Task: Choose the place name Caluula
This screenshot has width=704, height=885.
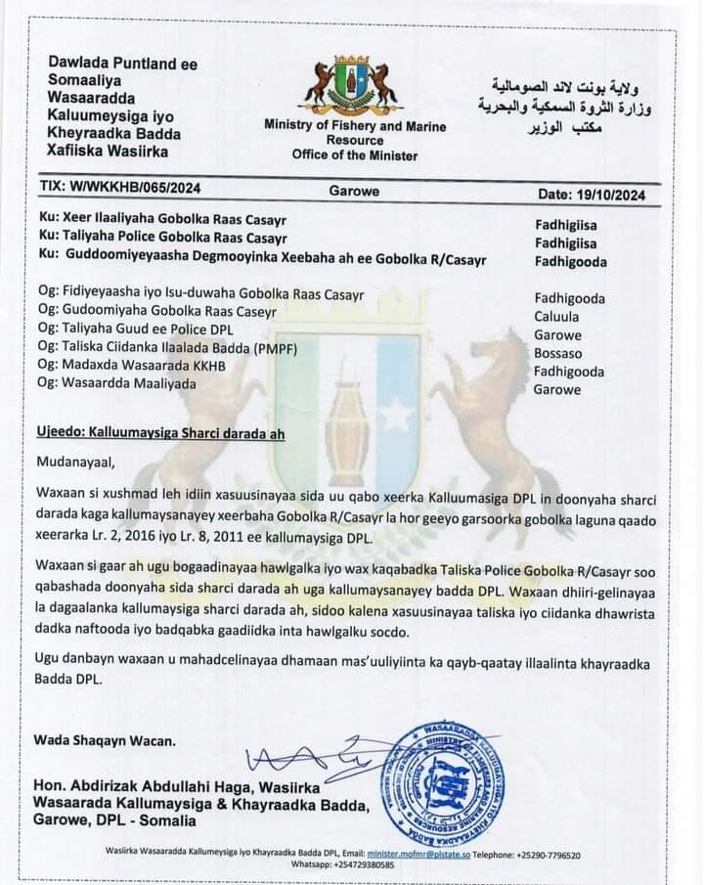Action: [x=557, y=317]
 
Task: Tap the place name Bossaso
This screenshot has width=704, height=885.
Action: [x=558, y=353]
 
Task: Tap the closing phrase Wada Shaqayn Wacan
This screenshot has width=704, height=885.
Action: [x=105, y=740]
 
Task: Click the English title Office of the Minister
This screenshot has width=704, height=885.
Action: [x=354, y=155]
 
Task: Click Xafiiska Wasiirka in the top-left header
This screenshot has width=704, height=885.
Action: [x=108, y=151]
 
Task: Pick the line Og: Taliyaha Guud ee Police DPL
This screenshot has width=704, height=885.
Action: [x=141, y=330]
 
